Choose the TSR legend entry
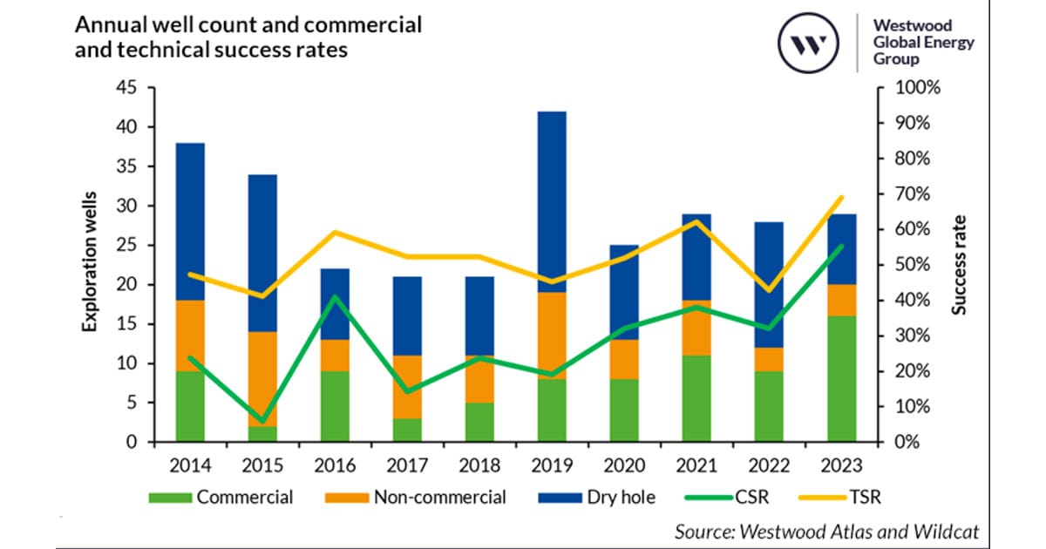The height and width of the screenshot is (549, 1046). [x=851, y=498]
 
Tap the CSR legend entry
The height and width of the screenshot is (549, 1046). [x=730, y=498]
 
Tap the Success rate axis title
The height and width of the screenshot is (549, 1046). [x=960, y=265]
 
